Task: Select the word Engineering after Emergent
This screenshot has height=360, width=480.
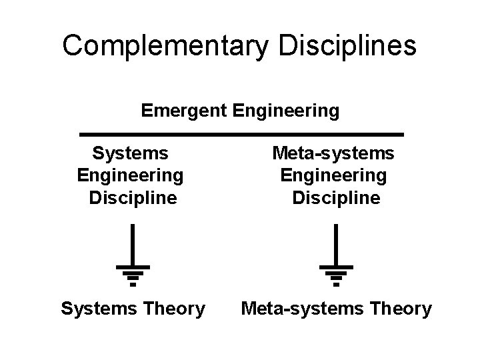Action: pyautogui.click(x=286, y=110)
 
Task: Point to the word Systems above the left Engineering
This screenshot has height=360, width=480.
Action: pyautogui.click(x=130, y=154)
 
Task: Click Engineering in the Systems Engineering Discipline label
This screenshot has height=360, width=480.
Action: pyautogui.click(x=130, y=176)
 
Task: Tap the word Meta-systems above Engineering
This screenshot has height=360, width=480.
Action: pyautogui.click(x=333, y=154)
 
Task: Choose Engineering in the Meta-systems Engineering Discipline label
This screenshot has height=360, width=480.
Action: pyautogui.click(x=333, y=176)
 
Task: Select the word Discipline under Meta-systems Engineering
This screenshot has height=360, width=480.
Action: pyautogui.click(x=337, y=198)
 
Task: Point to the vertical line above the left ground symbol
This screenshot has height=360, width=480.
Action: pyautogui.click(x=133, y=245)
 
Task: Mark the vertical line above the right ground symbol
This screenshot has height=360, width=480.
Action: pyautogui.click(x=336, y=245)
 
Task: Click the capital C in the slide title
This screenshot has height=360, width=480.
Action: pyautogui.click(x=72, y=46)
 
